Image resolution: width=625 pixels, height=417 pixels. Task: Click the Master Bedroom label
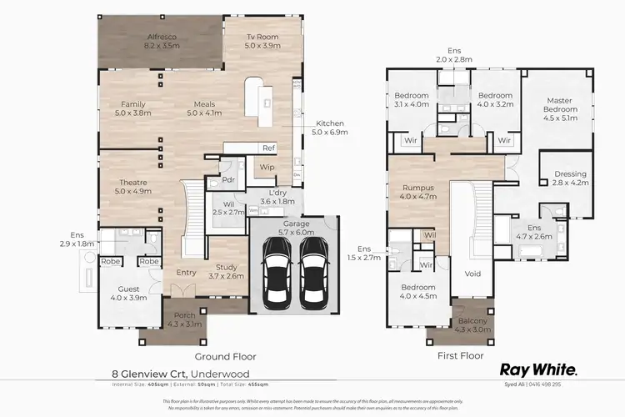coord(560,104)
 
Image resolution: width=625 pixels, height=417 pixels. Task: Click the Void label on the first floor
coord(472,272)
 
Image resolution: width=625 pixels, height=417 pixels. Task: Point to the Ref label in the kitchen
coord(268,148)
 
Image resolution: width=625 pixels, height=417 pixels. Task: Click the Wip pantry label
coord(267,167)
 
